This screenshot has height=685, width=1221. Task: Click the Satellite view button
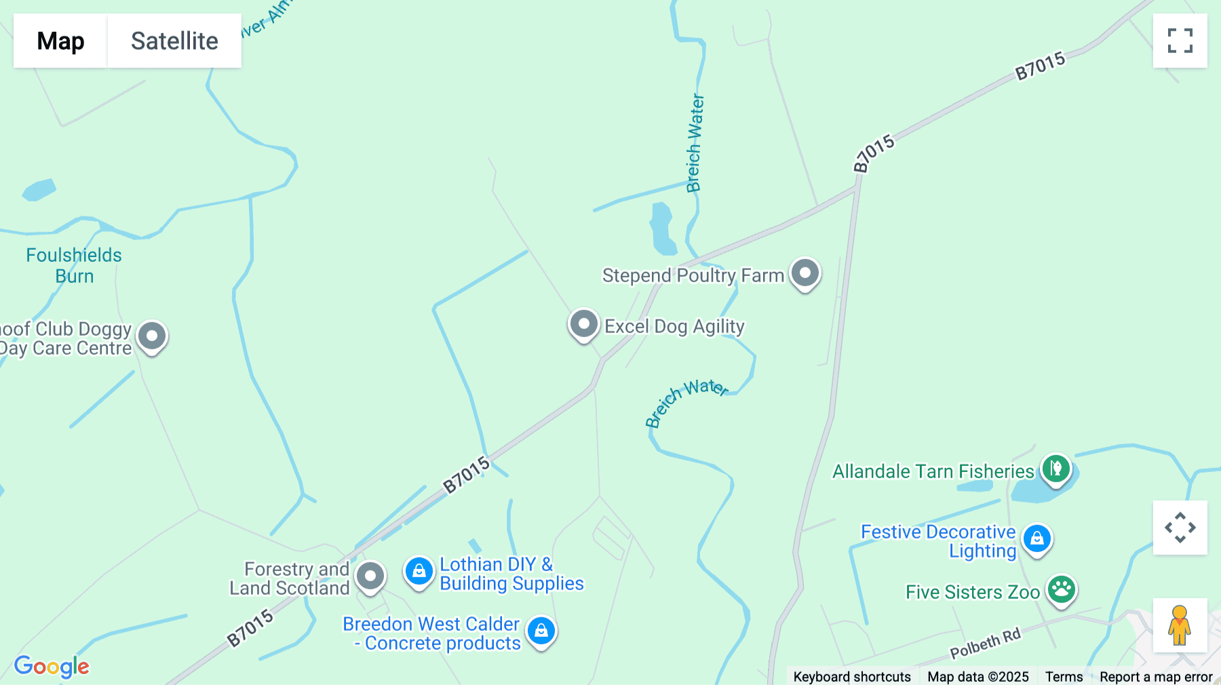[x=174, y=41]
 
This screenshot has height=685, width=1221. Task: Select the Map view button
[x=60, y=41]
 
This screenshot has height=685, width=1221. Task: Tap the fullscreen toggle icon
[x=1180, y=41]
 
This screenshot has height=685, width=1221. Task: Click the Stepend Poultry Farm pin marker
[x=805, y=273]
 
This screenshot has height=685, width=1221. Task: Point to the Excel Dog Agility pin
[x=583, y=324]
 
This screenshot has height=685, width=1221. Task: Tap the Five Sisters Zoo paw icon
[x=1061, y=589]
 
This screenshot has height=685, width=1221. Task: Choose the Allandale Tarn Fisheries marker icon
[x=1055, y=468]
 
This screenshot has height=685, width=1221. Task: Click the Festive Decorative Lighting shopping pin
[x=1036, y=539]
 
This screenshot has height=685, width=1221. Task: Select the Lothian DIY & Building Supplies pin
[x=419, y=571]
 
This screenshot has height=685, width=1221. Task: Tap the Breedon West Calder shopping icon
[x=541, y=631]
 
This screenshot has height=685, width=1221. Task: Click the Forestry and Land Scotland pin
[x=370, y=576]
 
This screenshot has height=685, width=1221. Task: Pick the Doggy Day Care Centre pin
[x=152, y=336]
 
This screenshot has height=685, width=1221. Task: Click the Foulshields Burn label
[x=74, y=265]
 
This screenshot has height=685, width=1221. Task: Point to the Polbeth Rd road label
[x=985, y=644]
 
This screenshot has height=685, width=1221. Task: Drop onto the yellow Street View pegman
[x=1180, y=625]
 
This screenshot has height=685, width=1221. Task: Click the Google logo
[x=52, y=666]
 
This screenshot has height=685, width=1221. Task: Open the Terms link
[x=1064, y=676]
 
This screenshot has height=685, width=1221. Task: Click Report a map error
[x=1156, y=676]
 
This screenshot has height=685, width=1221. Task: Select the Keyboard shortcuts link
[x=852, y=676]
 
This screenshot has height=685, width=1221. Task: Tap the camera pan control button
[x=1180, y=528]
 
